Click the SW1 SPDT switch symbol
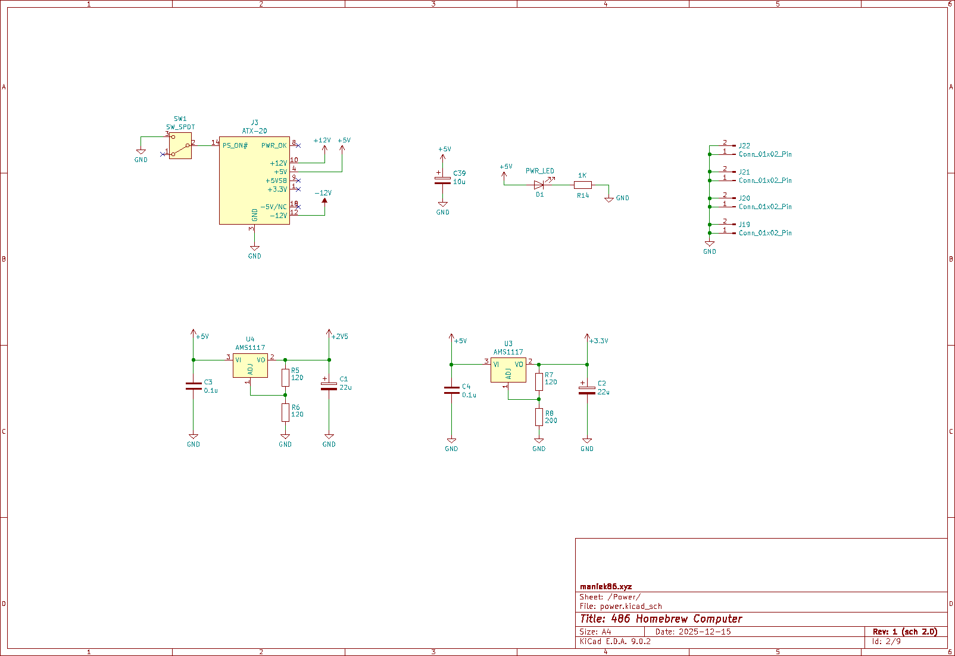(180, 145)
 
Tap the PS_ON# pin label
(235, 145)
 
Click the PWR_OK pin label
(274, 145)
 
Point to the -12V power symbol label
(323, 193)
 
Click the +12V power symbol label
(322, 141)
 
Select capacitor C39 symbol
(442, 181)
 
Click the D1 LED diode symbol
(539, 185)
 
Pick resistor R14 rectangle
(582, 185)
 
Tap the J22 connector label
(744, 146)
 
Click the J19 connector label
(744, 225)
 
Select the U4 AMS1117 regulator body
(250, 366)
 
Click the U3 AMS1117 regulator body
(508, 371)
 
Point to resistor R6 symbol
(285, 412)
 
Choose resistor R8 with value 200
(539, 417)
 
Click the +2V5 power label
(339, 337)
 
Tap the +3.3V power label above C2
(598, 341)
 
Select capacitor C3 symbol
(194, 386)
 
